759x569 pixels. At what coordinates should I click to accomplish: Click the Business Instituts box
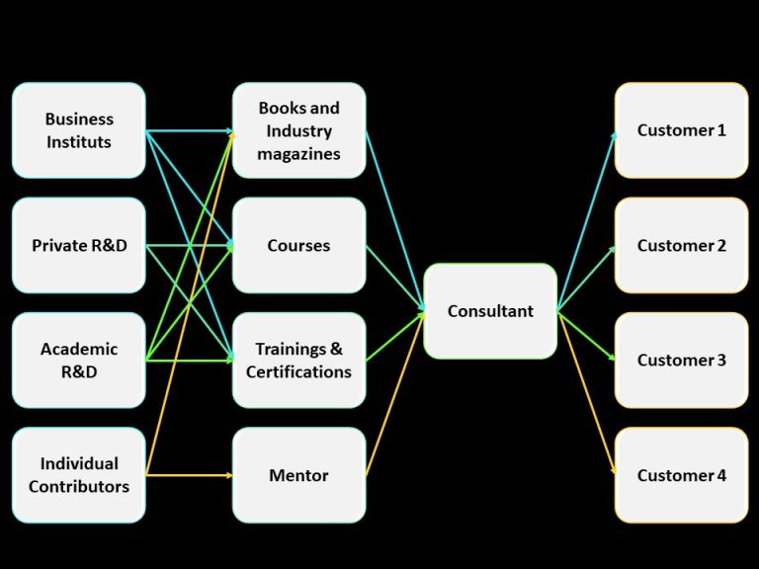[79, 130]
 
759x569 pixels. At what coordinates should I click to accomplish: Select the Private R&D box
[79, 245]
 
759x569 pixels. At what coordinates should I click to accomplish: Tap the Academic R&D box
[79, 361]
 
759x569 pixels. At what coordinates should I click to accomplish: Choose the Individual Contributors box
[79, 475]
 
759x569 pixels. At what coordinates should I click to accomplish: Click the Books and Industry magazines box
[298, 130]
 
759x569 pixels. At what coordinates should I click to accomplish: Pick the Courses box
[298, 245]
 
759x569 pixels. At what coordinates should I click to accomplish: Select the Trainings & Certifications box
[298, 361]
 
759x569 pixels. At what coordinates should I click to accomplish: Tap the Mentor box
[298, 475]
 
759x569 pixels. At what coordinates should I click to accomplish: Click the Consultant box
[490, 311]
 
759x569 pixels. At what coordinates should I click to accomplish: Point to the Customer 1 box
[681, 130]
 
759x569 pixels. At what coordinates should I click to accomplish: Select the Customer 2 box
[681, 245]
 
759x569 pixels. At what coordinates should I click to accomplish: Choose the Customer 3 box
[681, 361]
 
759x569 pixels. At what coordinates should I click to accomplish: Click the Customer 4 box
[681, 475]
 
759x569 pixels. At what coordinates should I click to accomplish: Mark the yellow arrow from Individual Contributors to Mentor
[189, 475]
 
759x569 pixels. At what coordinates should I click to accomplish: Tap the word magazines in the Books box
[298, 154]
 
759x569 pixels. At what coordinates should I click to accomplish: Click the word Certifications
[298, 372]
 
